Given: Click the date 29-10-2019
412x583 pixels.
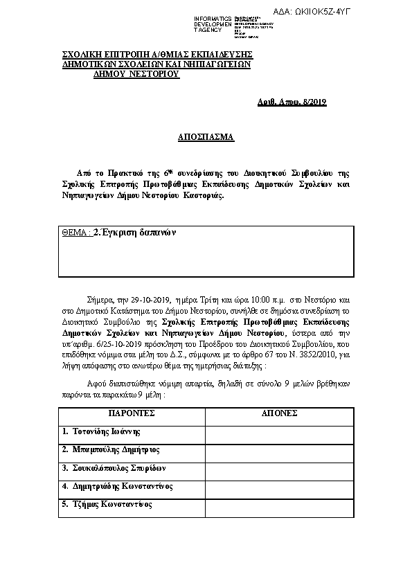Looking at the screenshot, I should [x=150, y=301].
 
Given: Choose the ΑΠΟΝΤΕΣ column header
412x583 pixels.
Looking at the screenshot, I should [x=279, y=413].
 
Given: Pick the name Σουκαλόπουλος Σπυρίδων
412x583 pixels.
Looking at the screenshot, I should [x=119, y=468].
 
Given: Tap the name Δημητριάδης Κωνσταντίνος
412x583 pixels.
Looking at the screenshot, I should [x=122, y=487].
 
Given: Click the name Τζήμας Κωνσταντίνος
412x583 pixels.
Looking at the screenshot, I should [x=111, y=505].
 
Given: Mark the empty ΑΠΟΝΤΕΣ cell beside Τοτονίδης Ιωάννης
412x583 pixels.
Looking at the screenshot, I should [x=279, y=431].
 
